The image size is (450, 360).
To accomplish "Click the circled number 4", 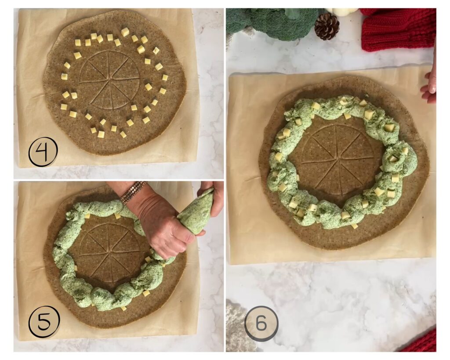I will [x=43, y=152].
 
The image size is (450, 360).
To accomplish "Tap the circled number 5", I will [x=44, y=321].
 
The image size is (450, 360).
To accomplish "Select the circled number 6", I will [x=261, y=324].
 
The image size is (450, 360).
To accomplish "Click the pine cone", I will [x=327, y=26].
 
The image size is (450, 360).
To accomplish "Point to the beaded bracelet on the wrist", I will [x=133, y=192].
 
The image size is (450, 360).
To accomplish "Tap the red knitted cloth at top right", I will [x=398, y=29].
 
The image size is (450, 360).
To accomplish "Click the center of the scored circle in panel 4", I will [x=109, y=80].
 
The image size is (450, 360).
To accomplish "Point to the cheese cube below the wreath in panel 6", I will [x=354, y=226].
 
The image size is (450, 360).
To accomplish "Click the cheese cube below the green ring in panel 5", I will [x=146, y=293].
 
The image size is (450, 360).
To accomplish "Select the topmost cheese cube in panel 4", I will [x=125, y=32].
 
